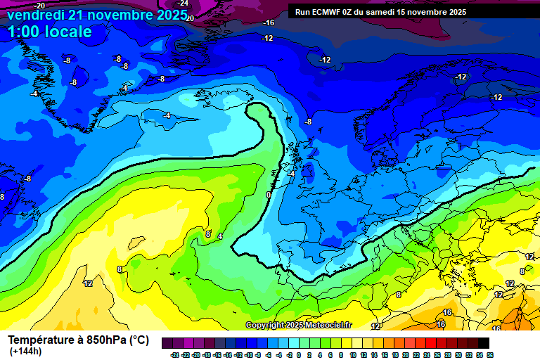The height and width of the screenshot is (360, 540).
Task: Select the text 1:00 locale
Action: point(49,32)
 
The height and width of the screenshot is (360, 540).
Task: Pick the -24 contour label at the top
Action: point(183,4)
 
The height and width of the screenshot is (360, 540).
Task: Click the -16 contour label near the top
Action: point(268,23)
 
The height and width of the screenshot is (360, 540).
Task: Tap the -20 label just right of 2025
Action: point(190,18)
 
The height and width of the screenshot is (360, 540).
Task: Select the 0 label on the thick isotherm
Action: point(268,195)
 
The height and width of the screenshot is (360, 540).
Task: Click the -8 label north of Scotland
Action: point(308,122)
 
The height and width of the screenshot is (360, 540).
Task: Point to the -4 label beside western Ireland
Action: point(290,174)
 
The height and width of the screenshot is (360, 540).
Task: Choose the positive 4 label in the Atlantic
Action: point(220,237)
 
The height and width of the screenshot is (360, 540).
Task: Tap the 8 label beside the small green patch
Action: point(522,271)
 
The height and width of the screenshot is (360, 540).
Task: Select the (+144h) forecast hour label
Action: point(25,351)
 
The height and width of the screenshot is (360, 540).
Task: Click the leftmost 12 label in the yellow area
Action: point(88,283)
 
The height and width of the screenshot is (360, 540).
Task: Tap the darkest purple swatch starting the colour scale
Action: point(167,343)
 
